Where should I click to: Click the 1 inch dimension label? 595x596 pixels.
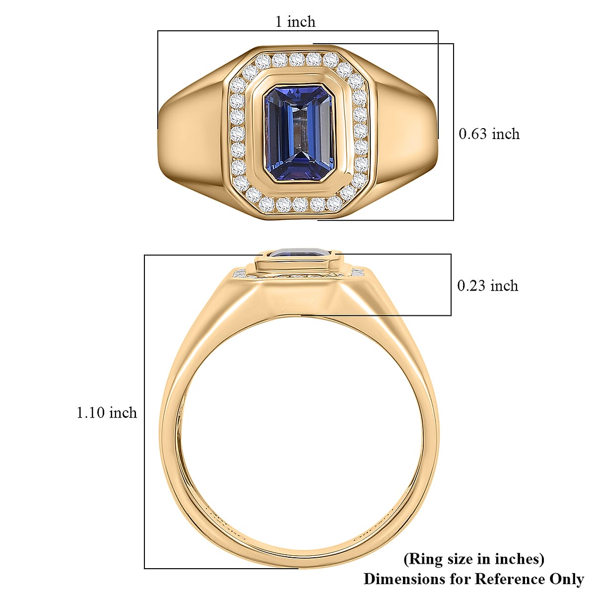pyautogui.click(x=295, y=22)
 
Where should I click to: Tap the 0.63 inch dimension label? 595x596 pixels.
pyautogui.click(x=489, y=134)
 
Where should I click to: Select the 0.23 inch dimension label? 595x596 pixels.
pyautogui.click(x=487, y=286)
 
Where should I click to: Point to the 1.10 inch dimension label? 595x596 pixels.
pyautogui.click(x=106, y=413)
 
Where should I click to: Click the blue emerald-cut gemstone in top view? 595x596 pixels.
pyautogui.click(x=298, y=135)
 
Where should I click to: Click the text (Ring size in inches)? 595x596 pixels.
pyautogui.click(x=474, y=559)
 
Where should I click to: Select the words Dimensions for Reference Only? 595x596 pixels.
pyautogui.click(x=473, y=579)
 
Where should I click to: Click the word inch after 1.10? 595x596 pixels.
pyautogui.click(x=123, y=413)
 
